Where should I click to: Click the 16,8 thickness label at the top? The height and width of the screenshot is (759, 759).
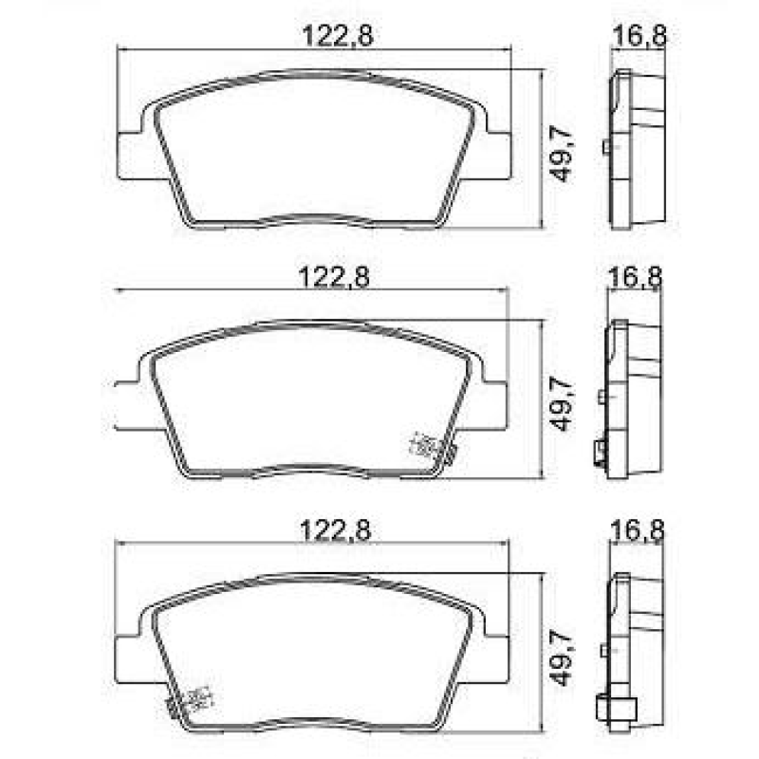point(639,35)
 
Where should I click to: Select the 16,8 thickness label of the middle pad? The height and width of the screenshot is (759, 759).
point(639,277)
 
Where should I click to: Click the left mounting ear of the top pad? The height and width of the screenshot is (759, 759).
point(130,154)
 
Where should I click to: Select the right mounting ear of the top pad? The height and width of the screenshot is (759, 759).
point(496,154)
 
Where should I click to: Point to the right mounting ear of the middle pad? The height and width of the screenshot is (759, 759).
point(494,403)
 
